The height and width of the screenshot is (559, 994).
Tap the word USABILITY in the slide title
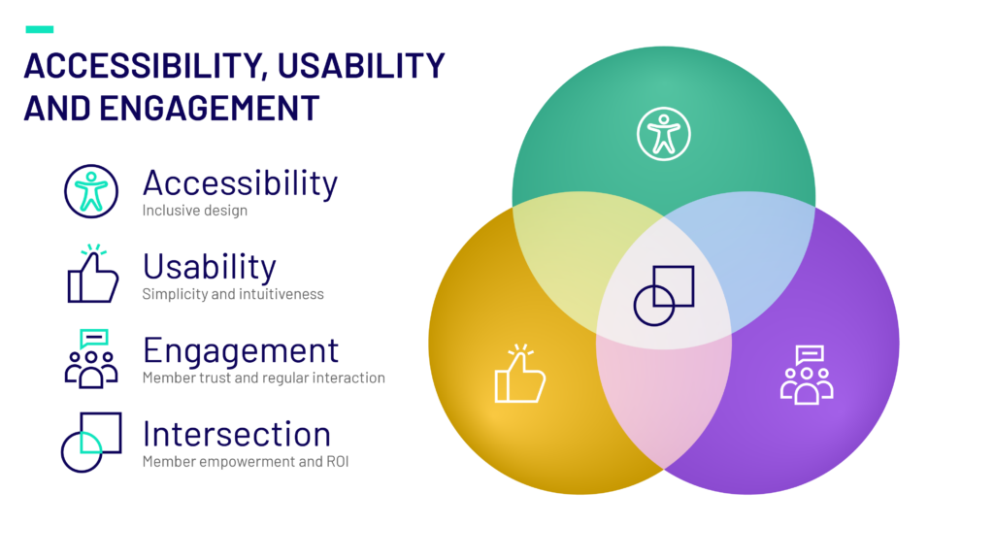click(x=361, y=66)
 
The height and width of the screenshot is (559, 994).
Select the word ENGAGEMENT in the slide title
click(x=210, y=108)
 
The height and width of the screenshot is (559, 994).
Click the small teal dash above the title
click(x=39, y=29)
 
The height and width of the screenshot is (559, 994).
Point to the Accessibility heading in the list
click(x=241, y=183)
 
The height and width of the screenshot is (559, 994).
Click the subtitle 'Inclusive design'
click(x=194, y=211)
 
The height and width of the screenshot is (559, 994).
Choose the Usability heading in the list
click(x=210, y=268)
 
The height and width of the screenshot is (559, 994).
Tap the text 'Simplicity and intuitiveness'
click(x=233, y=294)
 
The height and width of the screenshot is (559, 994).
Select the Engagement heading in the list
click(x=241, y=351)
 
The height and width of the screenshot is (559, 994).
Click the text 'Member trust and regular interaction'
click(x=264, y=378)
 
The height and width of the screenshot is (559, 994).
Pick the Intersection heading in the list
click(x=237, y=434)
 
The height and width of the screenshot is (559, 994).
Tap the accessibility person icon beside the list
click(x=91, y=191)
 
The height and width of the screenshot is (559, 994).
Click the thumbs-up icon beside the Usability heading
click(x=92, y=274)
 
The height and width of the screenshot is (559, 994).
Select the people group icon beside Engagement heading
click(x=91, y=359)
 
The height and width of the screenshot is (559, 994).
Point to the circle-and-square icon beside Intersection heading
click(x=91, y=443)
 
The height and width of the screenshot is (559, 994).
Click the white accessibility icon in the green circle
click(x=664, y=134)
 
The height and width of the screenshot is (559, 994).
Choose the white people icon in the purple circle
click(x=807, y=375)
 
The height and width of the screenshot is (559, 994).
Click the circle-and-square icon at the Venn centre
click(x=664, y=295)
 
